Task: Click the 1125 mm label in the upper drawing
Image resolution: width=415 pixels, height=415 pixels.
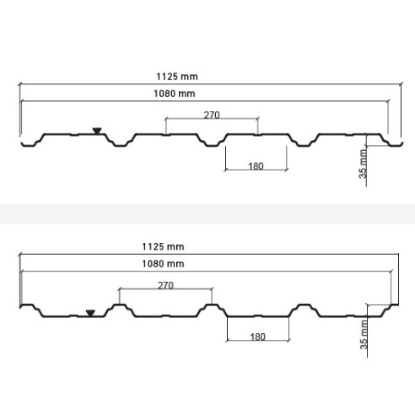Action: (x=177, y=77)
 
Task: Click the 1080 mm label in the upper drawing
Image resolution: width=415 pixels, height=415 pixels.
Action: (x=175, y=94)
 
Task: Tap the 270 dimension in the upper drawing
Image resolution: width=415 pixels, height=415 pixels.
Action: (x=212, y=116)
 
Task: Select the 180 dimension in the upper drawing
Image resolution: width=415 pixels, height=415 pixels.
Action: (x=256, y=166)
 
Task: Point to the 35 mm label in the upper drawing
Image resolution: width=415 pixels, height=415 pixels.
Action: (x=363, y=164)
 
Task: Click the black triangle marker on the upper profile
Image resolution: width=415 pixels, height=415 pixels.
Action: (x=97, y=131)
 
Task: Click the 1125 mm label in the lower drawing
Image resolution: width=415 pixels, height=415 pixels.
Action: (x=163, y=246)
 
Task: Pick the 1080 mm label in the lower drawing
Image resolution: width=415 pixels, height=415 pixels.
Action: (x=163, y=264)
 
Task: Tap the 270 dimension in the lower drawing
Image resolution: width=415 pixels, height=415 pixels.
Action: (x=165, y=285)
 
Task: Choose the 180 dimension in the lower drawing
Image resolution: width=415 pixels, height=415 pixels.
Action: (x=258, y=337)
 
